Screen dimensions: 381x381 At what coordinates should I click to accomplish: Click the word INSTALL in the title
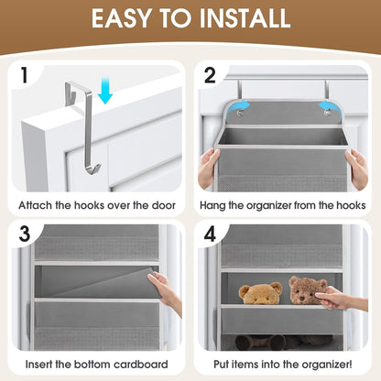pos(245,18)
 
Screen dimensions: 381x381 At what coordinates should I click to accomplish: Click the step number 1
pos(25,75)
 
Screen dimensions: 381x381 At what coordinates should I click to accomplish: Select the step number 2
pos(210,75)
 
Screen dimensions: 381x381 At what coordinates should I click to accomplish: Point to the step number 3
pos(25,234)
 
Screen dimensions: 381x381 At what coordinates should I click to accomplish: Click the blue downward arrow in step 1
pos(105,91)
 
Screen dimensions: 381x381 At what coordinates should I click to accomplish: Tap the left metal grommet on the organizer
pos(240,113)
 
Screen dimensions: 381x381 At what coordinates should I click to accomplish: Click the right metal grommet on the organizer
pos(328,113)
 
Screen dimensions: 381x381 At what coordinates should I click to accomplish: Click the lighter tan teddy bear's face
pos(261,294)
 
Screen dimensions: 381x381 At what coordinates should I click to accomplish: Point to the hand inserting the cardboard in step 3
pos(165,290)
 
